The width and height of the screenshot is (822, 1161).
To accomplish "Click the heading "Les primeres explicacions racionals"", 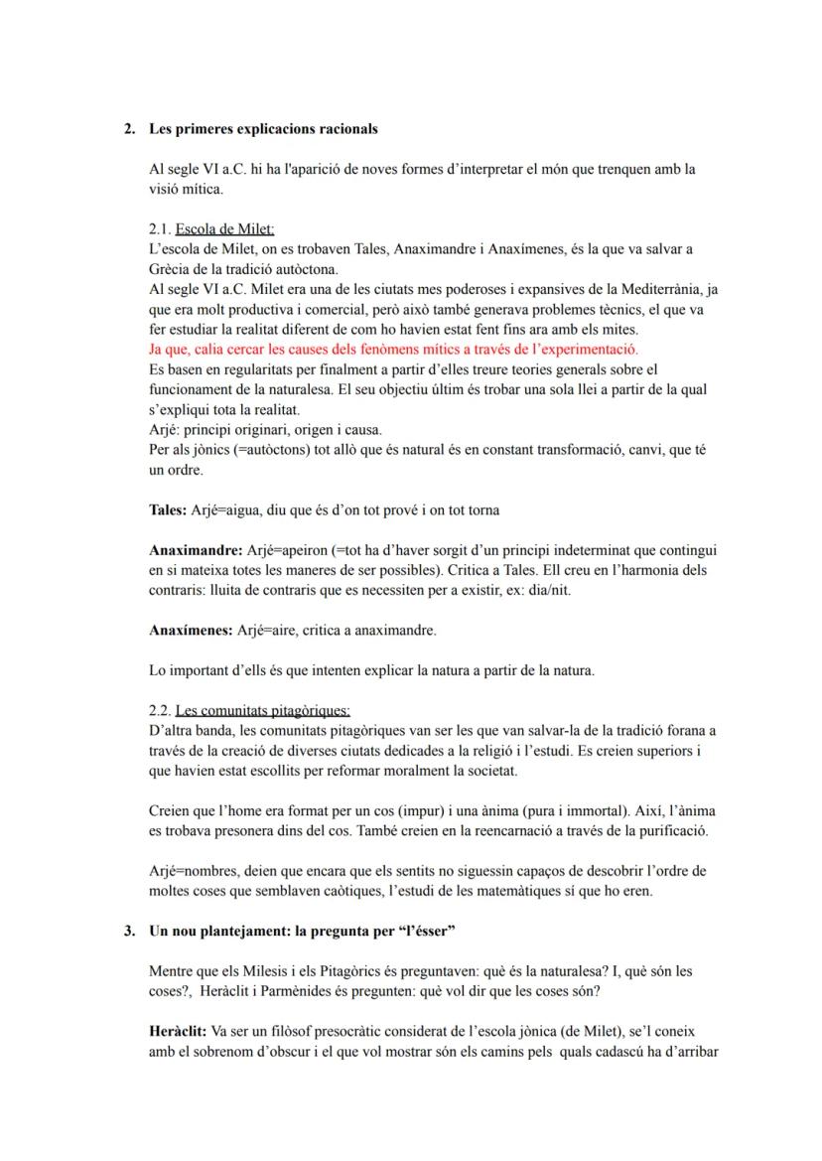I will point(263,129).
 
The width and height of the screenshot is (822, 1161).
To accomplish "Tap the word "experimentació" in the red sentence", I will point(591,350).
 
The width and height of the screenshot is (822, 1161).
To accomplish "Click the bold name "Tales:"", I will point(168,509).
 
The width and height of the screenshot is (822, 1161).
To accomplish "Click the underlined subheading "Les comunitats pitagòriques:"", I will point(262,710).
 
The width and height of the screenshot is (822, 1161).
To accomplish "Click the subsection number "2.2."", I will point(160,710).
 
